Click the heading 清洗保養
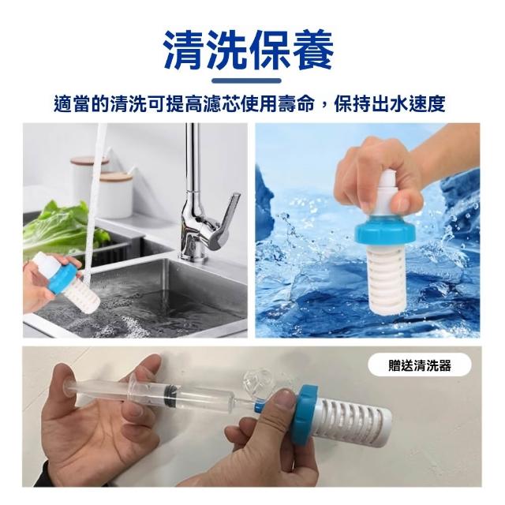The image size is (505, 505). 249,50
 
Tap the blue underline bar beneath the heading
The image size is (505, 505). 247,80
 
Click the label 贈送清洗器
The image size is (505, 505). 419,366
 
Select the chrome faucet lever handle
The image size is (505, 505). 226,219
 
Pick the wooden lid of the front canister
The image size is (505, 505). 117,177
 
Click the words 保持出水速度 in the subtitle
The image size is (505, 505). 390,104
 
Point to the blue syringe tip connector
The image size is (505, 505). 260,406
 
